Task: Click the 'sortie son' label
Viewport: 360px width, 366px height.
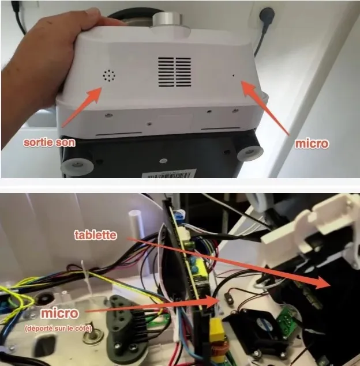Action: (49, 142)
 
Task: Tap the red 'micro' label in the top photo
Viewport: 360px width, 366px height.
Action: (312, 144)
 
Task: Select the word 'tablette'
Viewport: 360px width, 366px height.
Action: (95, 235)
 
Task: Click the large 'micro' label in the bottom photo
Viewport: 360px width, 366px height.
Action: (59, 313)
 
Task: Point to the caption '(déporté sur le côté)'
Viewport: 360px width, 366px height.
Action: (58, 329)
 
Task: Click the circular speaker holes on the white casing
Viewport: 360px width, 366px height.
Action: (109, 76)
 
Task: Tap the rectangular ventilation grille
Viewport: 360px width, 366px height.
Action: (174, 72)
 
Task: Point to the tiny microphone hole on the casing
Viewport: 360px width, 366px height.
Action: (233, 76)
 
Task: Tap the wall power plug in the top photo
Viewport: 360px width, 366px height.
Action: (267, 14)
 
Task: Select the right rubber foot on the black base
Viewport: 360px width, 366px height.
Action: (250, 153)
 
